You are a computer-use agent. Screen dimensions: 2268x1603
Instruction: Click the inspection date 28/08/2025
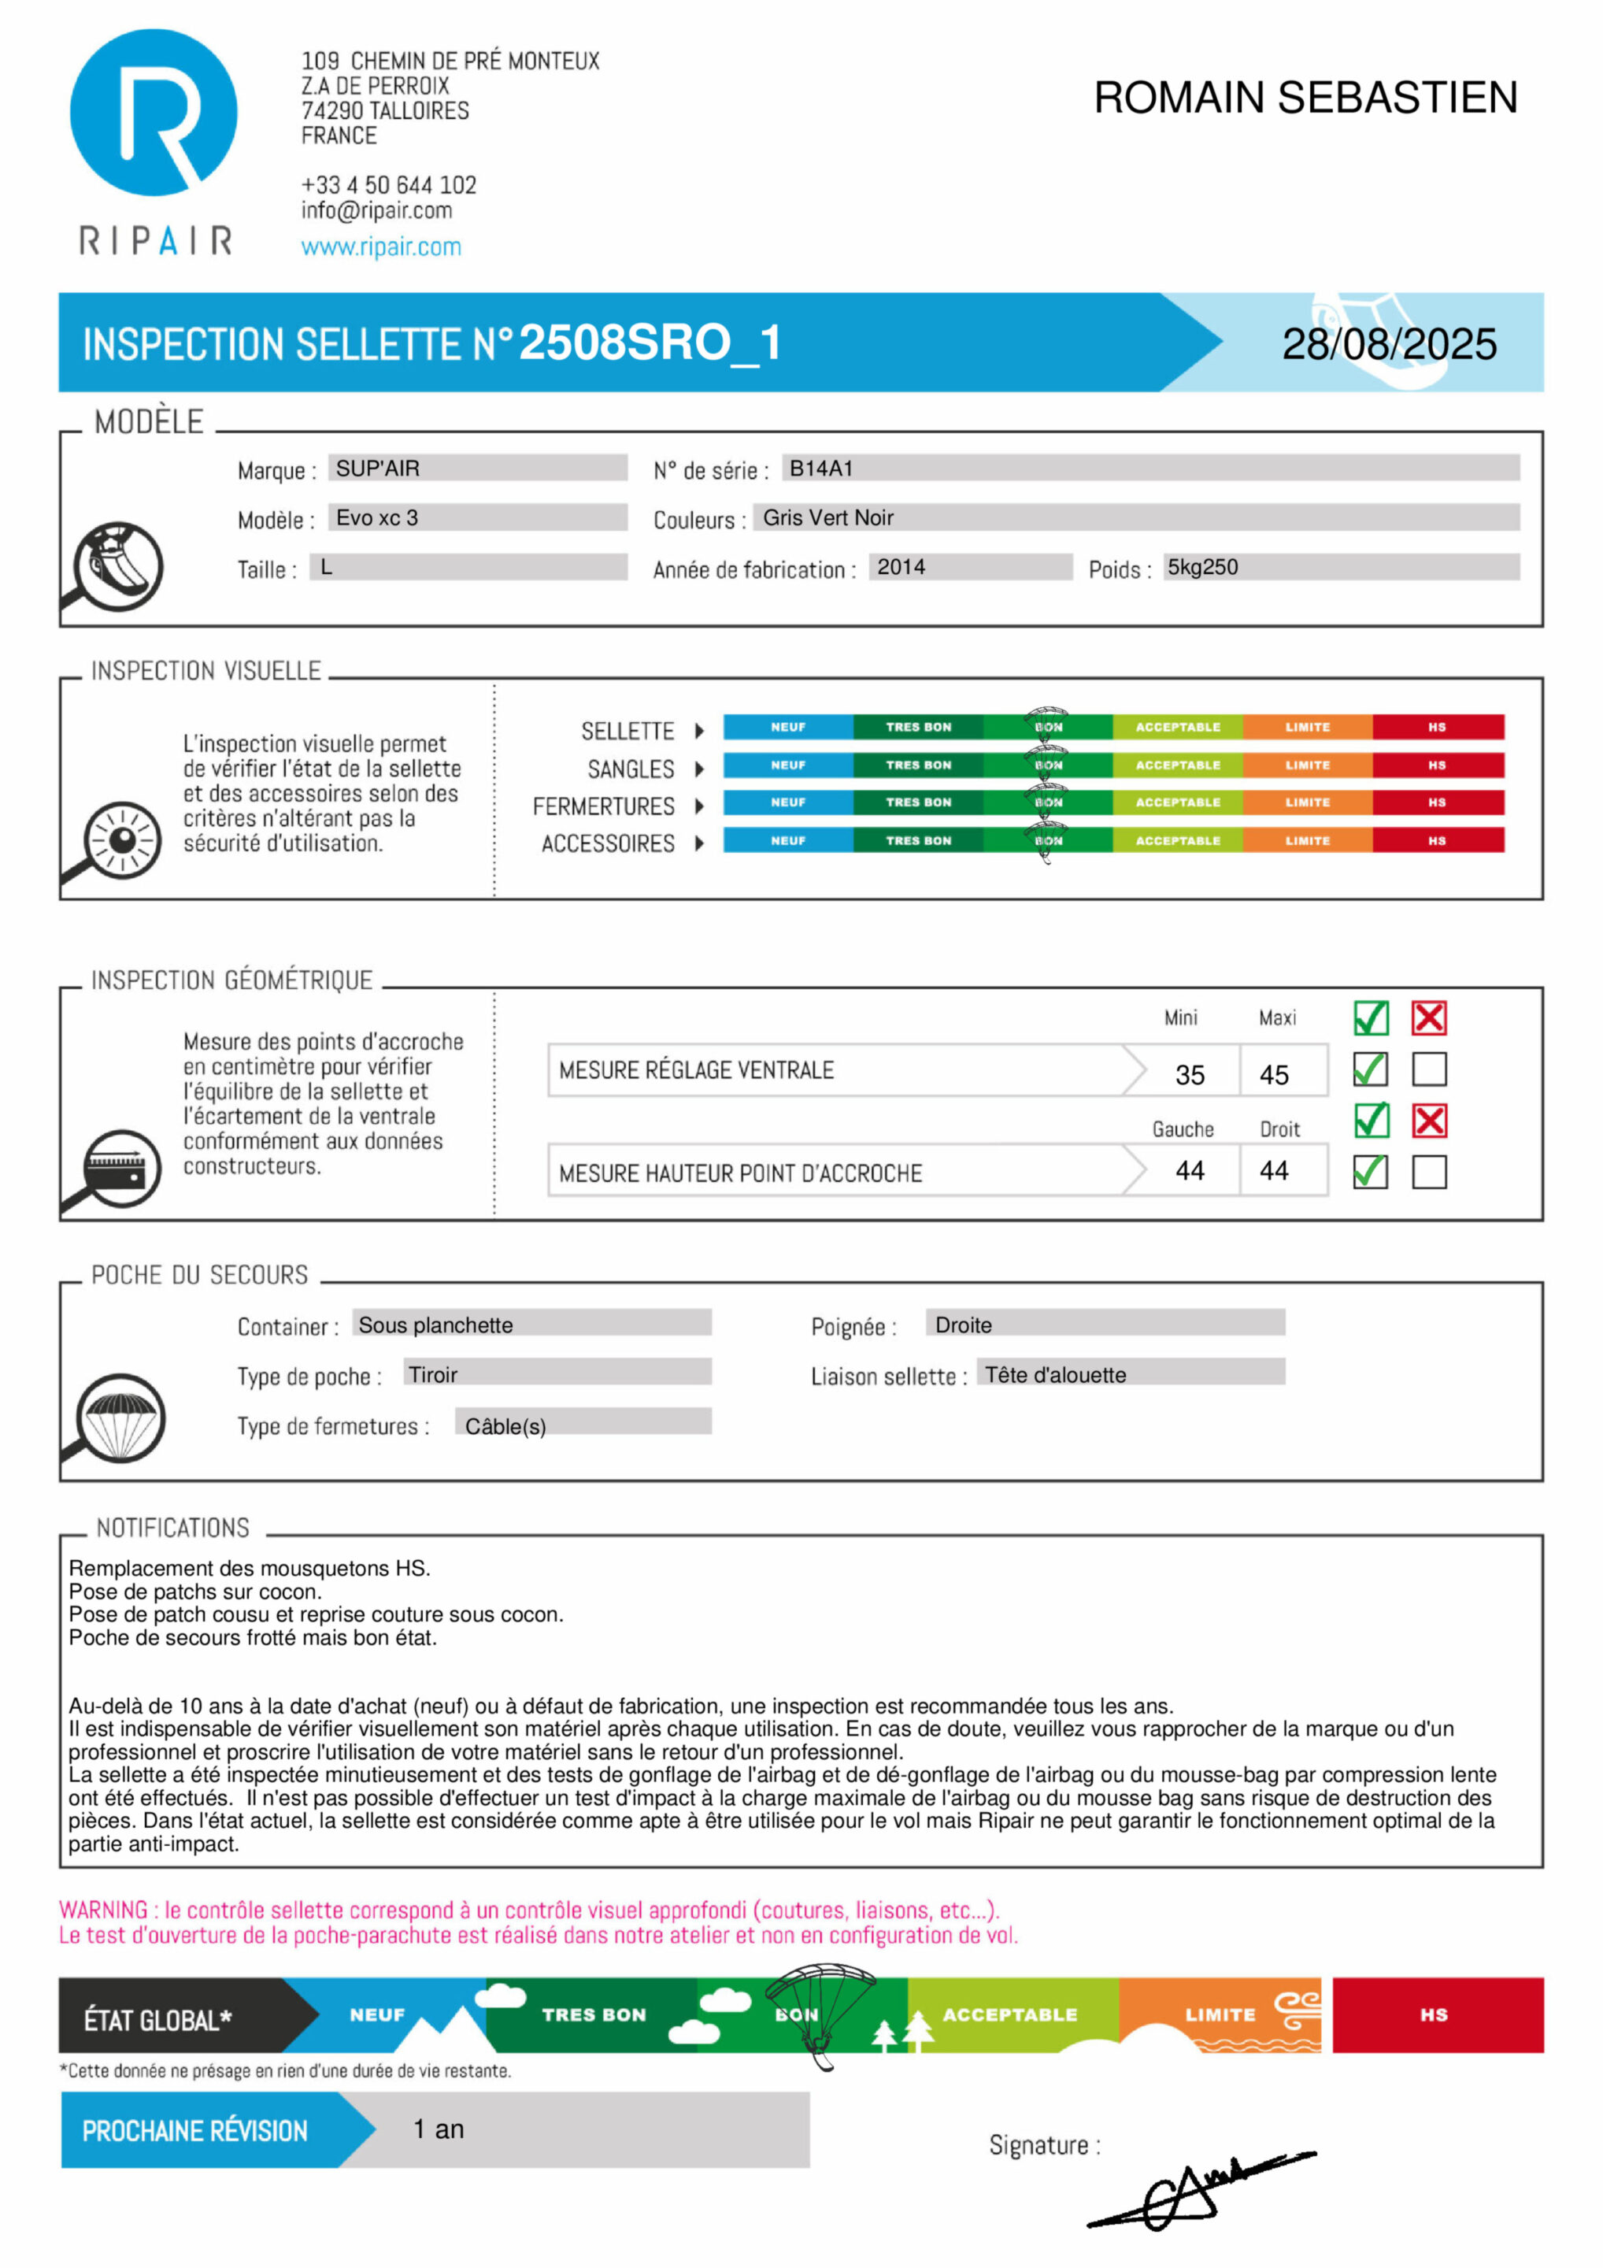click(1388, 344)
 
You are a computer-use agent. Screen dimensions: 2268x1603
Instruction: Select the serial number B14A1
click(820, 469)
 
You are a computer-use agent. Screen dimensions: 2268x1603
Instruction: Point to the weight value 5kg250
click(1202, 567)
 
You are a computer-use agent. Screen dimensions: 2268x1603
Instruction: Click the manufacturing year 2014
click(901, 567)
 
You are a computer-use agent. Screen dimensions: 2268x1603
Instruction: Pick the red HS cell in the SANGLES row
click(1436, 765)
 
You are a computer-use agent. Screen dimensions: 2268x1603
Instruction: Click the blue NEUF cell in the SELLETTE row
click(787, 727)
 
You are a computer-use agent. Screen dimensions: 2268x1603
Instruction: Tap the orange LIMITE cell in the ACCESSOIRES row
click(1307, 840)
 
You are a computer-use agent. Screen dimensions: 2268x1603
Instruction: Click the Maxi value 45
click(1273, 1075)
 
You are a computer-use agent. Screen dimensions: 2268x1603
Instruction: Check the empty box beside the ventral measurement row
click(1428, 1069)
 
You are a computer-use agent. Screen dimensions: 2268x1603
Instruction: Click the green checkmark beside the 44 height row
click(1370, 1172)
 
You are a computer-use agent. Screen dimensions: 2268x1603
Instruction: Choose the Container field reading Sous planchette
click(435, 1325)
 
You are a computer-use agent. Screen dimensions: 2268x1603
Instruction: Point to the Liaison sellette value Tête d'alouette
click(1055, 1374)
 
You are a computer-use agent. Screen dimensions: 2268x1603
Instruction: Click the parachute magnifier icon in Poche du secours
click(119, 1417)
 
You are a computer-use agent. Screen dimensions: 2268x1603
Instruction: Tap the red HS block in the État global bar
click(1436, 2014)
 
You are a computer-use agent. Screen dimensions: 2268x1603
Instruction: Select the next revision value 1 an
click(439, 2129)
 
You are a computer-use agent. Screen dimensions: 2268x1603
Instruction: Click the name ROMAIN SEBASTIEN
click(1305, 97)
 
